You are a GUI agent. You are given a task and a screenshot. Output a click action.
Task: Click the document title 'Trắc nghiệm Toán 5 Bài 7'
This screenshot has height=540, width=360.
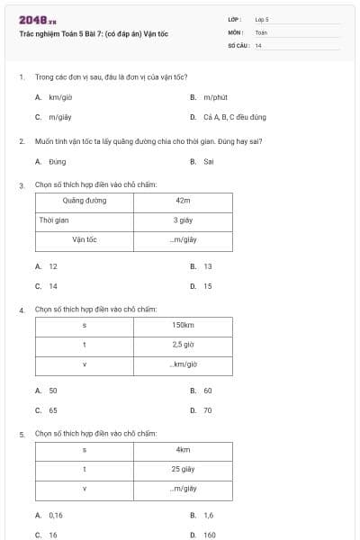click(x=94, y=34)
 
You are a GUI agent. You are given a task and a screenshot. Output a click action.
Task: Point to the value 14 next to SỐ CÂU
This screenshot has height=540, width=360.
click(x=258, y=45)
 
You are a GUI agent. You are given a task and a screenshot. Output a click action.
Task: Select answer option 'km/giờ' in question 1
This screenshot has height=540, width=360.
click(x=60, y=96)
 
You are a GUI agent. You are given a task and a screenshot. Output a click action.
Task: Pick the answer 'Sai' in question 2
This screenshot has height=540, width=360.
click(x=209, y=162)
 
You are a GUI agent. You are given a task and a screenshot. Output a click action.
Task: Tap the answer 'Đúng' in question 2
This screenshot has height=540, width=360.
click(x=58, y=162)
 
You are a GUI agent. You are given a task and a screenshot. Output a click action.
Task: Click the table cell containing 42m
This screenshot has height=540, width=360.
click(x=184, y=201)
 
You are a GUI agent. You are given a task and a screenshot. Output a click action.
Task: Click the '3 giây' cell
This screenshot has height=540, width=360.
click(x=184, y=220)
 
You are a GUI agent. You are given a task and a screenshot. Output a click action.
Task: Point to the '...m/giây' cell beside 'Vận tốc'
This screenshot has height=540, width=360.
click(x=184, y=239)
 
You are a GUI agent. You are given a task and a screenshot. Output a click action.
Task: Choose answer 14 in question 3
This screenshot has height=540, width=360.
click(x=53, y=286)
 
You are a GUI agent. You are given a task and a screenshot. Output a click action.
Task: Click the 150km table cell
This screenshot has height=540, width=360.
click(x=184, y=325)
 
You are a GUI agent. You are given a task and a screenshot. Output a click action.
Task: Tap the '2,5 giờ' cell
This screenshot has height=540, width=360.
click(x=184, y=345)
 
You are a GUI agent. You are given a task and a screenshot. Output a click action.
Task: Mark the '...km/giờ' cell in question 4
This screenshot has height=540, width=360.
click(x=184, y=364)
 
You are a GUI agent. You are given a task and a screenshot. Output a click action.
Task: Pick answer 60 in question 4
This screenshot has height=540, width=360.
click(x=208, y=391)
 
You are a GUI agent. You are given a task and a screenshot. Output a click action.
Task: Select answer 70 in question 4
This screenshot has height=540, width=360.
click(x=208, y=410)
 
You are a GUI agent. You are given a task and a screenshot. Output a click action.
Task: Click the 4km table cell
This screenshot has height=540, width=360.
click(x=184, y=449)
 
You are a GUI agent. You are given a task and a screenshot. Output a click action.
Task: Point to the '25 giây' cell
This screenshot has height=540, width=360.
click(x=184, y=469)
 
